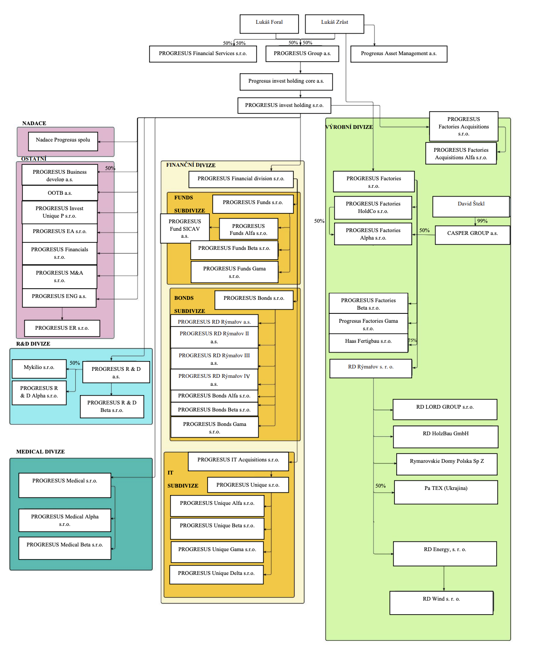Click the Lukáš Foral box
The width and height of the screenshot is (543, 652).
pos(269,24)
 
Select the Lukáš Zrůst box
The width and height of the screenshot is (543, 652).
pos(334,24)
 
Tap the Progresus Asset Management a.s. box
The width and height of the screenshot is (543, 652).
pos(399,54)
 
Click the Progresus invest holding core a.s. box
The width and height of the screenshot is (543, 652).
pos(286,82)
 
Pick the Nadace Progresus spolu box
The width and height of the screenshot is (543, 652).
pos(63,141)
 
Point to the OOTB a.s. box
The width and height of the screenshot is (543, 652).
pos(60,193)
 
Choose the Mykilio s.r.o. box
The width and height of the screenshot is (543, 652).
pos(39,368)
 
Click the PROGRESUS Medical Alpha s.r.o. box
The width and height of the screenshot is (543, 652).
pos(64,520)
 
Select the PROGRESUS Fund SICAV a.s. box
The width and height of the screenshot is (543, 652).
pos(185,229)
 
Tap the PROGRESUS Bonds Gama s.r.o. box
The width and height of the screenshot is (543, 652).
pos(214,427)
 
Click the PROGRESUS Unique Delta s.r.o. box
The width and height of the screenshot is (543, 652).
pos(216,574)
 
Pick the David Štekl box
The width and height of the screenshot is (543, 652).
pos(471,206)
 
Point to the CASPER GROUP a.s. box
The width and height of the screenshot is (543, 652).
pos(472,235)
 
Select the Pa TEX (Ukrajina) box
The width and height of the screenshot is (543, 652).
pos(446,492)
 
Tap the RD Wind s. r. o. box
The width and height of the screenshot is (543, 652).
pos(441,602)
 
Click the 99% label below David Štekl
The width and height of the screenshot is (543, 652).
pos(482,221)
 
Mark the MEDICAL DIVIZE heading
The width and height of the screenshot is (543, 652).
pos(41,452)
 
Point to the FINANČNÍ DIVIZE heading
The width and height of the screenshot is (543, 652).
pos(191,165)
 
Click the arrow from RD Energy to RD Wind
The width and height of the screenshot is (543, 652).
pos(444,579)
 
